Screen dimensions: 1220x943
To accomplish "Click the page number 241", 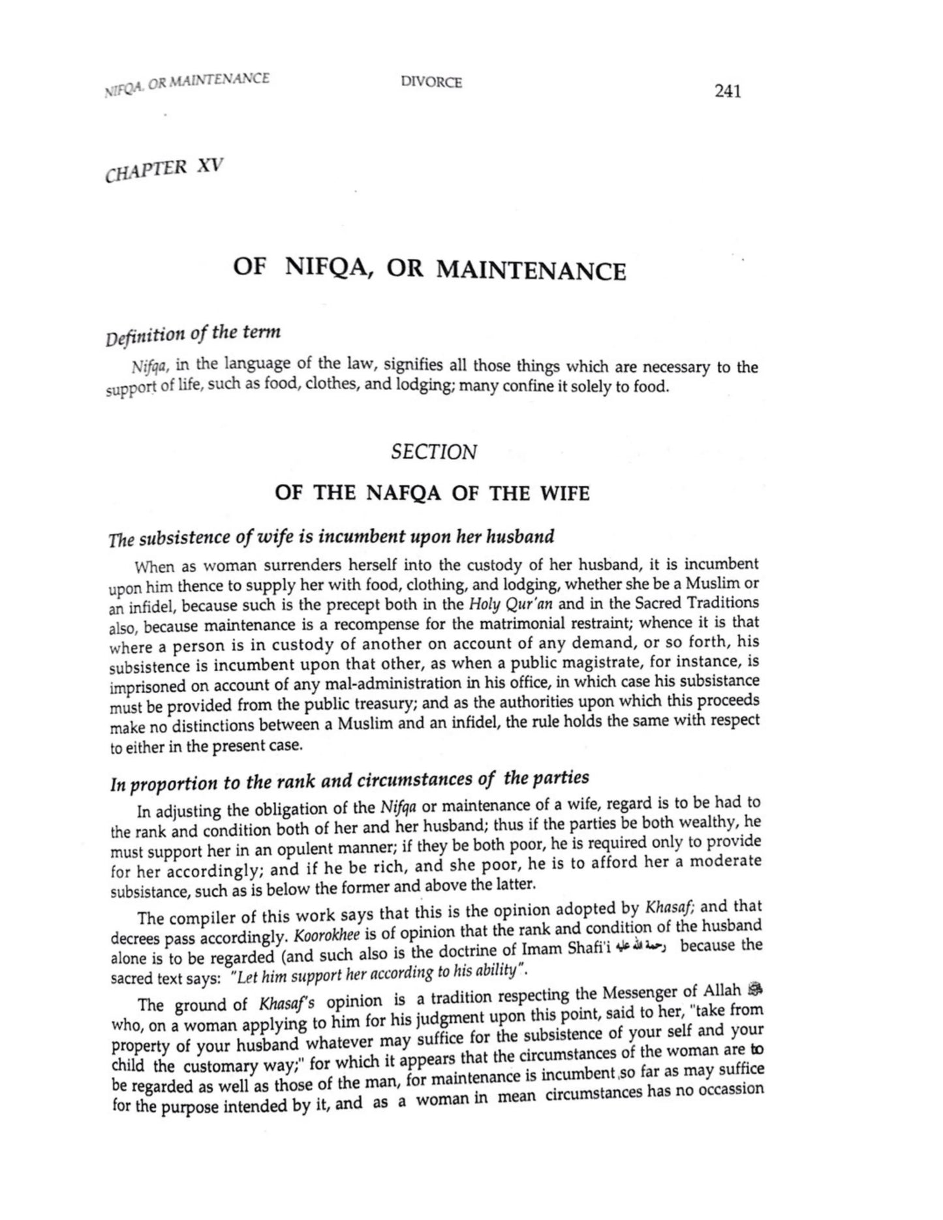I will tap(727, 92).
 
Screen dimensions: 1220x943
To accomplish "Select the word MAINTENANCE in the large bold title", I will tap(530, 270).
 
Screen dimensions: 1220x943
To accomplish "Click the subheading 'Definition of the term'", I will tap(193, 335).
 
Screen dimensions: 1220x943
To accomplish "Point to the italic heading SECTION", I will tap(433, 451).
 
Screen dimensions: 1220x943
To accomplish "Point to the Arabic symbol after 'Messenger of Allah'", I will tap(756, 989).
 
